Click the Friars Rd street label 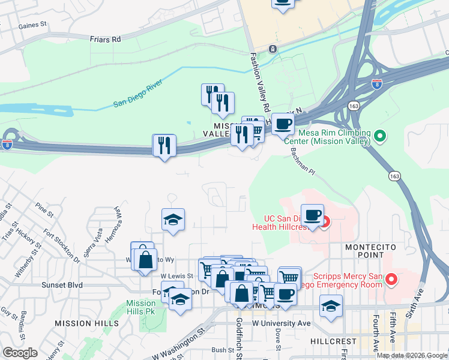tap(105, 39)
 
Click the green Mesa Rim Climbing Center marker tap(379, 136)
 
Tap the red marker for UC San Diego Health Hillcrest tap(325, 224)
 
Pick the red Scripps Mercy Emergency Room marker tap(391, 279)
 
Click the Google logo tap(20, 353)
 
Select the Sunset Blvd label tap(62, 285)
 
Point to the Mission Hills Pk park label tap(141, 308)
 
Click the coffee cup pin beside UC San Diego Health tap(312, 215)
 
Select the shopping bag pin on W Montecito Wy tap(145, 260)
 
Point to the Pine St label tap(44, 210)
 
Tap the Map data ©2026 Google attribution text tap(412, 355)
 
